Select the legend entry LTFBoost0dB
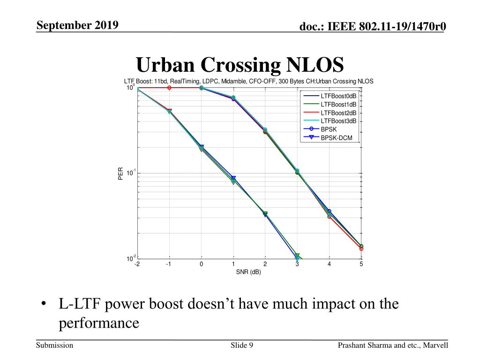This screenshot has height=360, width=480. point(338,96)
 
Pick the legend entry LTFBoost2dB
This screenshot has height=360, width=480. point(338,113)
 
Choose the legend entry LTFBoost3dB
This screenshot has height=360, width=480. point(338,121)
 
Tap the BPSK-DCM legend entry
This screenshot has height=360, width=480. point(336,138)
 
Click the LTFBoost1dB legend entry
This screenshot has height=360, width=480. point(338,105)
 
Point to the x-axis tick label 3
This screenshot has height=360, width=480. point(297,264)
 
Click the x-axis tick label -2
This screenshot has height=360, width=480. point(137,264)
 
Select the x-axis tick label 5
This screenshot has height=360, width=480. point(361,264)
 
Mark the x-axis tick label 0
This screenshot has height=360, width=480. point(201,264)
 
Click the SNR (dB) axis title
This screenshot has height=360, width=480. point(248,272)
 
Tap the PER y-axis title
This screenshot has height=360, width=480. point(120,173)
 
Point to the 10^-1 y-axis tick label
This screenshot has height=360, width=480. point(131,173)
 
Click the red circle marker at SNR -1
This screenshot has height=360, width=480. point(169,88)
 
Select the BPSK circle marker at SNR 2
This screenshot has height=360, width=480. point(265,130)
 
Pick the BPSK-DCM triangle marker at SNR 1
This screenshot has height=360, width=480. point(233,179)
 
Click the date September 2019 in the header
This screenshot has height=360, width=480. point(77,25)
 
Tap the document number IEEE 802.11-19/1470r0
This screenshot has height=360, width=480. point(373,28)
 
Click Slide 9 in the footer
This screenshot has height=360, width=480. point(242,345)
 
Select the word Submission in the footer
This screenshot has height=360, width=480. point(55,345)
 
